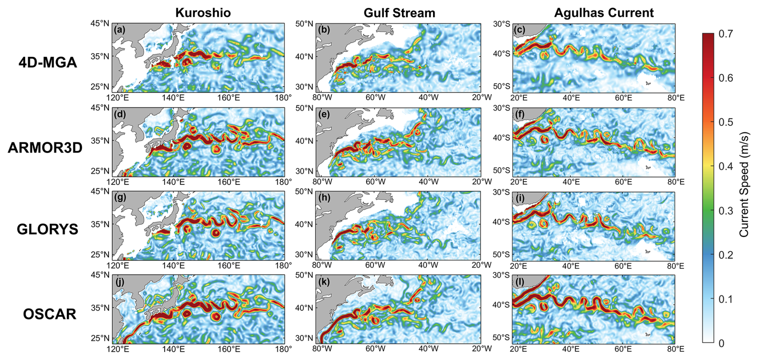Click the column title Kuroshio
(203, 13)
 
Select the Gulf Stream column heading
(399, 13)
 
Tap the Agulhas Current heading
(604, 13)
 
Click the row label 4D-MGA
(48, 63)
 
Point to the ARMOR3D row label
(45, 148)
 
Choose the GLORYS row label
(48, 229)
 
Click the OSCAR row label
(50, 314)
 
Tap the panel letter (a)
(119, 30)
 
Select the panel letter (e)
(324, 114)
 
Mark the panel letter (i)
(519, 198)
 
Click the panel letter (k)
(324, 282)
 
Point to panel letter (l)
(519, 282)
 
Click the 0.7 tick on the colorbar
(726, 34)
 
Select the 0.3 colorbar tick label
(726, 210)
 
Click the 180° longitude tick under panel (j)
(284, 349)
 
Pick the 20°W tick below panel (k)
(481, 349)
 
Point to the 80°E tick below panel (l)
(675, 349)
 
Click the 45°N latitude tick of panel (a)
(99, 23)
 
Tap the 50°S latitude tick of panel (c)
(502, 86)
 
